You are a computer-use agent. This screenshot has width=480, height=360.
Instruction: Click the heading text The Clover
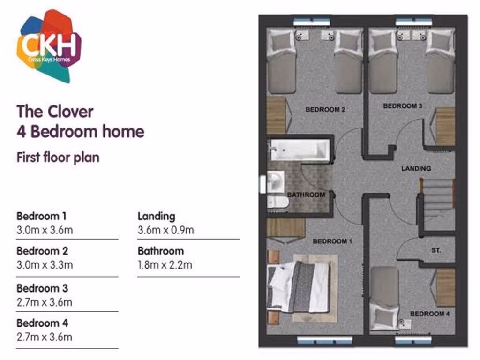coord(55,112)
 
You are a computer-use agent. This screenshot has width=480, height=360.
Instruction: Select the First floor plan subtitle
coord(58,157)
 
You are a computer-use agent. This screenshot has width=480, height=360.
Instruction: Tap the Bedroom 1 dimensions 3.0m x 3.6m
coord(45,230)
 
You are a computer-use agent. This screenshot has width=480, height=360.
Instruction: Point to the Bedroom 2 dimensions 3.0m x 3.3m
coord(45,265)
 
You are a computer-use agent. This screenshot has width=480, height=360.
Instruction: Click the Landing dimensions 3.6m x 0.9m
coord(165,230)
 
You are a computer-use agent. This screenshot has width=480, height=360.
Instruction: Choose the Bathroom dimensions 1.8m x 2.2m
coord(165,265)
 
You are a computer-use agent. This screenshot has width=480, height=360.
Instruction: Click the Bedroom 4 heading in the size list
coord(42,323)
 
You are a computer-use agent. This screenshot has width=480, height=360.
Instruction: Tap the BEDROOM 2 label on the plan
coord(325,110)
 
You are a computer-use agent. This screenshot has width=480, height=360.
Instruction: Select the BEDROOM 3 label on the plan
coord(403,106)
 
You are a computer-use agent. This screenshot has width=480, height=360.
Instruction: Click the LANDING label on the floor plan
coord(416,168)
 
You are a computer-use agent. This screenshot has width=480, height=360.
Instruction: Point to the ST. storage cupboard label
coord(436,251)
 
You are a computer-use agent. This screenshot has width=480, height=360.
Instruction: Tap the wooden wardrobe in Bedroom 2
coord(276,115)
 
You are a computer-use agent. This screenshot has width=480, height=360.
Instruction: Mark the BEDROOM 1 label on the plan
coord(332,241)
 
